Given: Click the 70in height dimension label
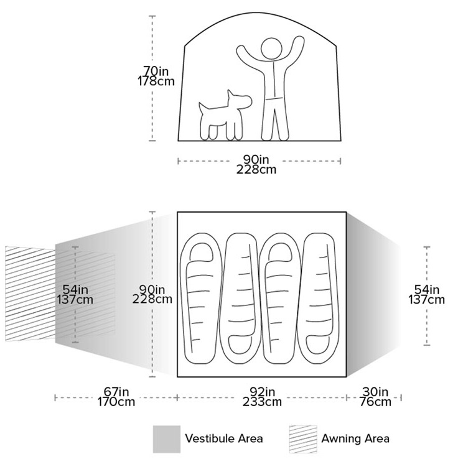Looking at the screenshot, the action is [156, 71].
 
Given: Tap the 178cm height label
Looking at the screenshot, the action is [156, 81].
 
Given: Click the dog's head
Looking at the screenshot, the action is [240, 100].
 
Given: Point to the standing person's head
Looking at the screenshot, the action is [271, 49].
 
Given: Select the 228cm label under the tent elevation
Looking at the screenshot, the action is [256, 170].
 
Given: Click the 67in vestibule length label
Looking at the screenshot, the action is [116, 392].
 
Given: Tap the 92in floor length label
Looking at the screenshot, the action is [263, 392].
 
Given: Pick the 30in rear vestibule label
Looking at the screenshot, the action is [375, 392].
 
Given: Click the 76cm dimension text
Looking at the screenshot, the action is [375, 402].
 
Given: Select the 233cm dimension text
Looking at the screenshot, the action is [263, 402].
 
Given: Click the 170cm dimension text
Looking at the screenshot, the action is [116, 402].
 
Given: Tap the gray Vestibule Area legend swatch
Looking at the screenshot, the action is [167, 439].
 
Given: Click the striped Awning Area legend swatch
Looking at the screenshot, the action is [303, 439].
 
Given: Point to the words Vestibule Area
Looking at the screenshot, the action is [224, 438].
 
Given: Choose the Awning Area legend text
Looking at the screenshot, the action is [355, 438].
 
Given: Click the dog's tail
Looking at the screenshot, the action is [203, 108].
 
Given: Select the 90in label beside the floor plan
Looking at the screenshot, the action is [152, 289].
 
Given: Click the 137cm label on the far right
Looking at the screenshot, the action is [427, 300].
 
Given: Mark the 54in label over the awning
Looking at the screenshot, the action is [75, 289].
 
